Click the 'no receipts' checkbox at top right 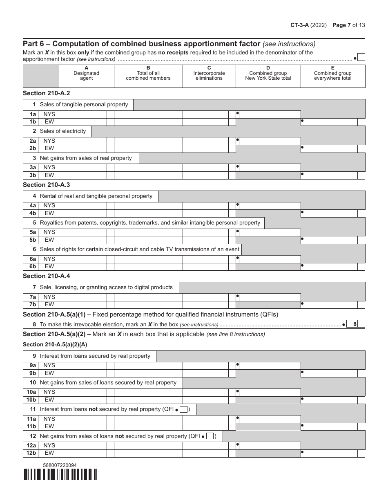pyautogui.click(x=361, y=57)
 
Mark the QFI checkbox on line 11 pyautogui.click(x=184, y=409)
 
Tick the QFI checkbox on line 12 pyautogui.click(x=210, y=436)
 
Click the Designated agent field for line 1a pyautogui.click(x=83, y=115)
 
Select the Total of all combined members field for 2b pyautogui.click(x=144, y=148)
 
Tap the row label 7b pyautogui.click(x=33, y=305)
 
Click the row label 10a pyautogui.click(x=32, y=392)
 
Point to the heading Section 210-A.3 pyautogui.click(x=46, y=185)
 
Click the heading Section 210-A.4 pyautogui.click(x=46, y=276)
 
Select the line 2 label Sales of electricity pyautogui.click(x=62, y=131)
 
